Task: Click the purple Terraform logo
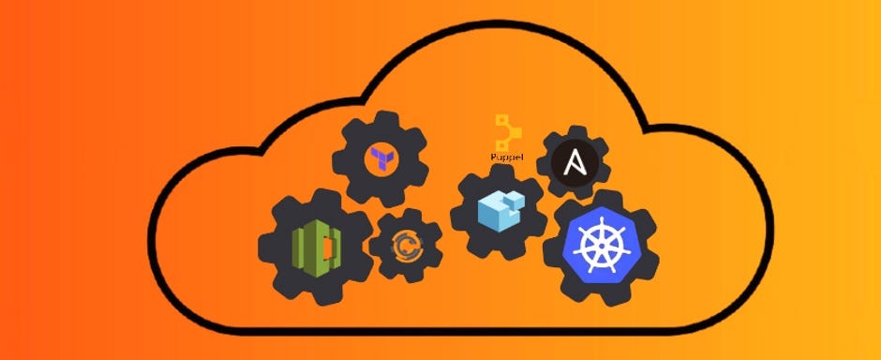coord(381,156)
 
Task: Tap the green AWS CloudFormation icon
coord(315,246)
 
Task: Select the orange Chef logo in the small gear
coord(406,246)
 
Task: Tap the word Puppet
coord(507,157)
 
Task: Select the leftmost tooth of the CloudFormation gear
coord(265,247)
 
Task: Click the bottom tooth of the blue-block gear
coord(498,256)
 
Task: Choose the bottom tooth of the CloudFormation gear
coord(315,298)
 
